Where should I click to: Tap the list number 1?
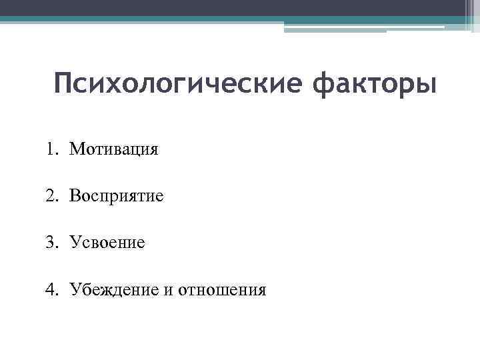(51, 148)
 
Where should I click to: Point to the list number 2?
(51, 195)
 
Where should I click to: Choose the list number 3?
(51, 243)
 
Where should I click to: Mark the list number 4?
(51, 290)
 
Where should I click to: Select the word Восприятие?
(116, 195)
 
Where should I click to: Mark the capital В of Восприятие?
(74, 195)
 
